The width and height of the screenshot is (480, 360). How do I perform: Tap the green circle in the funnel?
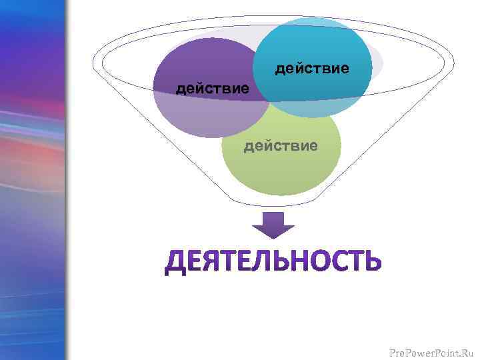tap(281, 167)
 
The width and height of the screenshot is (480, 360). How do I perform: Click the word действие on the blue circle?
tap(312, 69)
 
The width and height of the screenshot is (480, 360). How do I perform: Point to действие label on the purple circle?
tap(212, 88)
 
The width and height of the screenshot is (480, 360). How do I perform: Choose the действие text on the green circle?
tap(281, 145)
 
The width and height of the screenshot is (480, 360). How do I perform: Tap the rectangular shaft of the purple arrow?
tap(273, 219)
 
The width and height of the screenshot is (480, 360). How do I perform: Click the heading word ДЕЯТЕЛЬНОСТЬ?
tap(273, 262)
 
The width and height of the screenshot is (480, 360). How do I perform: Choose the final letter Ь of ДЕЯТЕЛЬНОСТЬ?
tap(373, 262)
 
